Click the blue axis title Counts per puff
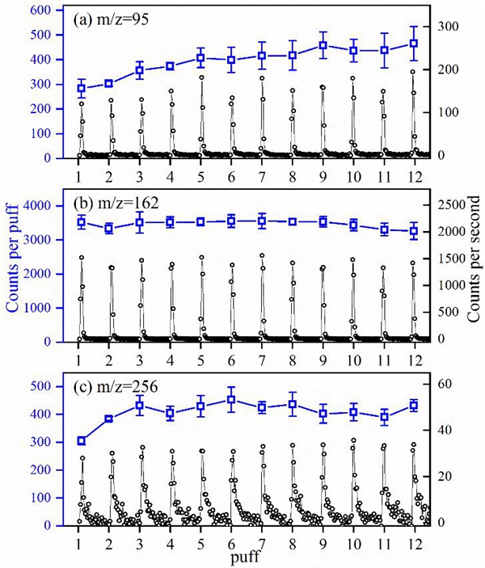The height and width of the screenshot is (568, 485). point(14,267)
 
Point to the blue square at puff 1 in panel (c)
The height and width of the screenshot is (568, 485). point(81,440)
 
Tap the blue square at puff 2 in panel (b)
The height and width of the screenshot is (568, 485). point(109,229)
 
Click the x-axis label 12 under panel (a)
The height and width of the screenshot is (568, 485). point(414,175)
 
